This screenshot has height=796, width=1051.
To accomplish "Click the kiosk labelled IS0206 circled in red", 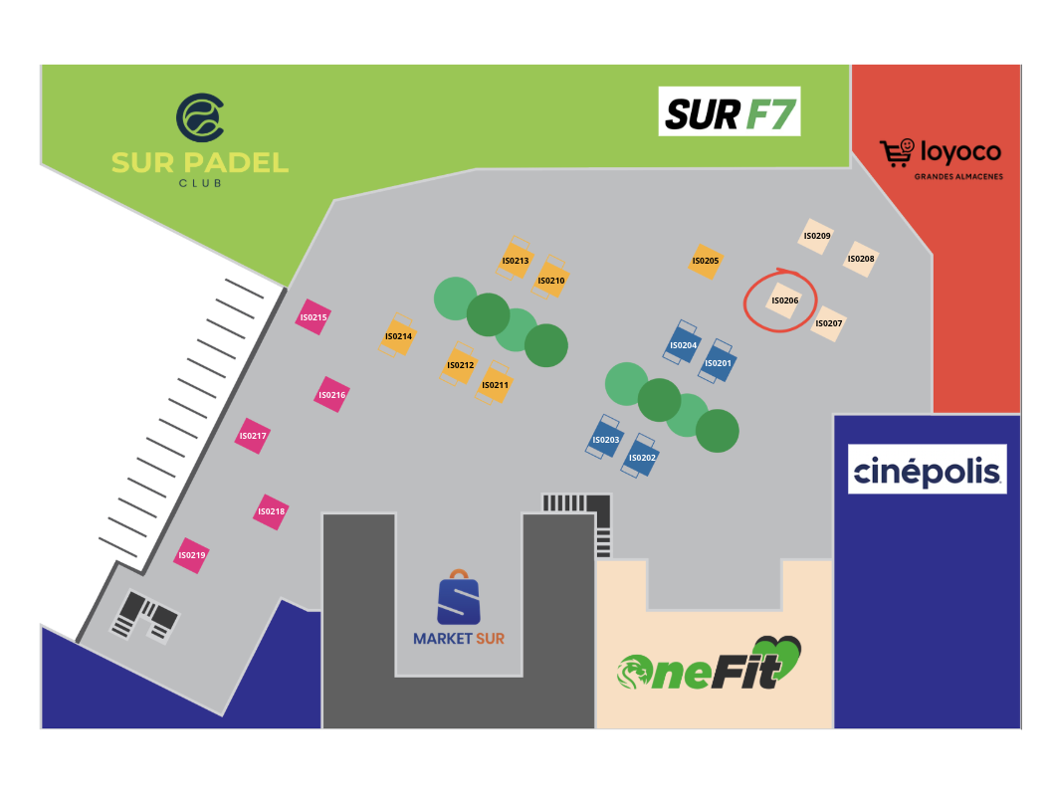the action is click(x=785, y=300).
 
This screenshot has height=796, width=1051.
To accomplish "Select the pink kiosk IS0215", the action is click(x=314, y=317).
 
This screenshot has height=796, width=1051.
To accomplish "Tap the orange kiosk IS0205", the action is click(x=705, y=262).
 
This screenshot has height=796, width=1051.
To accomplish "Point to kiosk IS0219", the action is click(x=191, y=555).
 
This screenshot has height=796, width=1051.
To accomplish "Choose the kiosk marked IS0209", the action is click(x=816, y=236).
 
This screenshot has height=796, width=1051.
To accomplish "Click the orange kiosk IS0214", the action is click(x=398, y=335).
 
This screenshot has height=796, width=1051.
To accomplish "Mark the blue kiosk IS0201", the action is click(x=718, y=361).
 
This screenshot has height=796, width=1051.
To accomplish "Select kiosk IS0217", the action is click(x=253, y=436).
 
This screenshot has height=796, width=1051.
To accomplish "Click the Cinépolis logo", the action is click(x=927, y=469).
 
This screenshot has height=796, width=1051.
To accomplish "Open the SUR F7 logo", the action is click(x=730, y=111).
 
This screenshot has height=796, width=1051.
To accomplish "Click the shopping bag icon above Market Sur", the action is click(x=459, y=597).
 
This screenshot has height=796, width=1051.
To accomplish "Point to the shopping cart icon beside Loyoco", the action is click(x=897, y=153).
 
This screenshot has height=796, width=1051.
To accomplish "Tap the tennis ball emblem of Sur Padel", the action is click(x=200, y=117).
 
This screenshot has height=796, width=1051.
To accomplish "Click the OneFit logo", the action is click(x=710, y=664).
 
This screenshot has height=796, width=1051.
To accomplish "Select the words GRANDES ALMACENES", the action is click(x=958, y=177).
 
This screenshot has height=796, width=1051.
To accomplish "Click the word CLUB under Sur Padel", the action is click(x=200, y=183).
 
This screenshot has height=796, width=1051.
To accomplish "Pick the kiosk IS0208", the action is click(x=861, y=259).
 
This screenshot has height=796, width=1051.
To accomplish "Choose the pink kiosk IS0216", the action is click(x=331, y=395).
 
